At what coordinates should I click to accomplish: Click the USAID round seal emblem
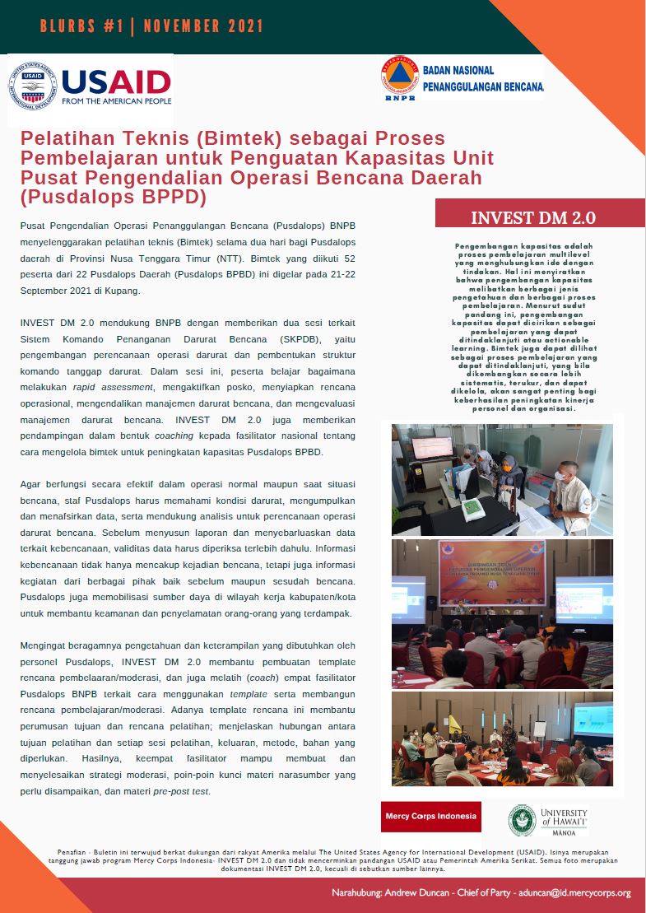[32, 86]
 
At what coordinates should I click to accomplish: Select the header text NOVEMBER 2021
[203, 26]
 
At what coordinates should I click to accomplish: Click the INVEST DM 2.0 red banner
[533, 217]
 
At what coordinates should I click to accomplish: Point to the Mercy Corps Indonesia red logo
[430, 817]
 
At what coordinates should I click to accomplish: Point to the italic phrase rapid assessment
[105, 386]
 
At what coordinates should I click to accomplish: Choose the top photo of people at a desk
[501, 479]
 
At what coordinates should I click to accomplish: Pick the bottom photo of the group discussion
[501, 738]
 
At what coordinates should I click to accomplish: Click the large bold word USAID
[116, 82]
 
